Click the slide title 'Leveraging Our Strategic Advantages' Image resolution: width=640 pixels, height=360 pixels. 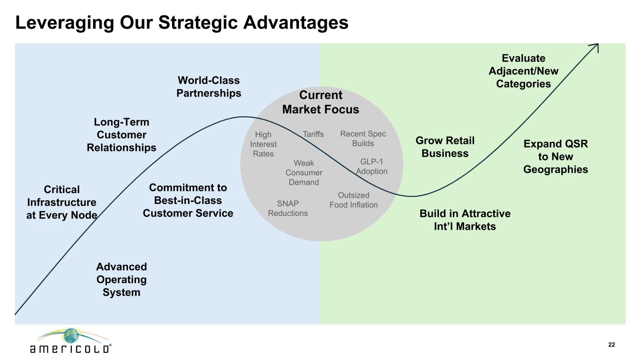(182, 23)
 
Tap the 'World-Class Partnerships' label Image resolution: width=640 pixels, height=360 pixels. (209, 87)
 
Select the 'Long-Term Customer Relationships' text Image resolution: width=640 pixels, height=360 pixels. (121, 135)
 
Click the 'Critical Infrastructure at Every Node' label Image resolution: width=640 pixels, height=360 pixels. (62, 202)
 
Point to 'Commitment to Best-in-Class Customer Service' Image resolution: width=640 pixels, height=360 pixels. (188, 200)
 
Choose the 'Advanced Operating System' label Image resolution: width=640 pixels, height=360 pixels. (121, 279)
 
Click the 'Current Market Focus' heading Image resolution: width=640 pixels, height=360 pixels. (321, 102)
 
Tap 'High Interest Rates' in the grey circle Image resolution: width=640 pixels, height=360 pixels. (263, 144)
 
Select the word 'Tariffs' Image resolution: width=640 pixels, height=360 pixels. (313, 134)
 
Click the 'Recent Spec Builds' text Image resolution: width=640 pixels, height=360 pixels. (363, 139)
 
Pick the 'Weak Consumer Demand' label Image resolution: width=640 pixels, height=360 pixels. (304, 172)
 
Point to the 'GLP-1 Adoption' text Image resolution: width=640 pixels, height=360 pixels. (371, 166)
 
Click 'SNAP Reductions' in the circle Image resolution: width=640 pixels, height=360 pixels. (288, 208)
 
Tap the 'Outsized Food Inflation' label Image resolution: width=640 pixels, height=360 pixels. (354, 200)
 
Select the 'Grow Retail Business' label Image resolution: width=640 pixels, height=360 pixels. (445, 147)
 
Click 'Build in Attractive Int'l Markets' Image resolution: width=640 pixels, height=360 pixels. (465, 220)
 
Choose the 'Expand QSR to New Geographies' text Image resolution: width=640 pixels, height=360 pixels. (556, 157)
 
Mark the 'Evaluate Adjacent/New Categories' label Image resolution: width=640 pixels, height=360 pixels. (523, 71)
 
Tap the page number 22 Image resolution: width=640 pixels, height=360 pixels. (611, 345)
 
